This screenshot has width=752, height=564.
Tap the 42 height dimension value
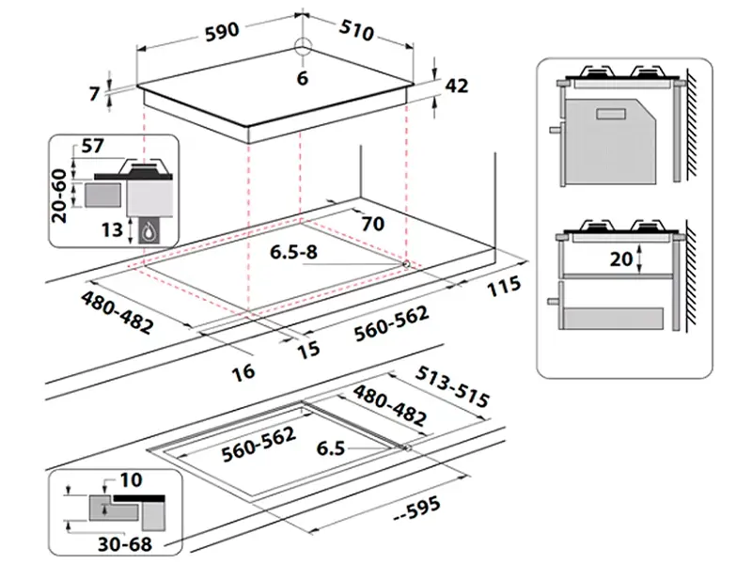pos(456,86)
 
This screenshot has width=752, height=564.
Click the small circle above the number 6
pos(302,49)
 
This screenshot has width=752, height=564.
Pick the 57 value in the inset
pos(93,147)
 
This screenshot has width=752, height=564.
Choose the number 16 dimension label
pos(243,372)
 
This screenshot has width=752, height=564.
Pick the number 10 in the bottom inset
pos(131,479)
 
